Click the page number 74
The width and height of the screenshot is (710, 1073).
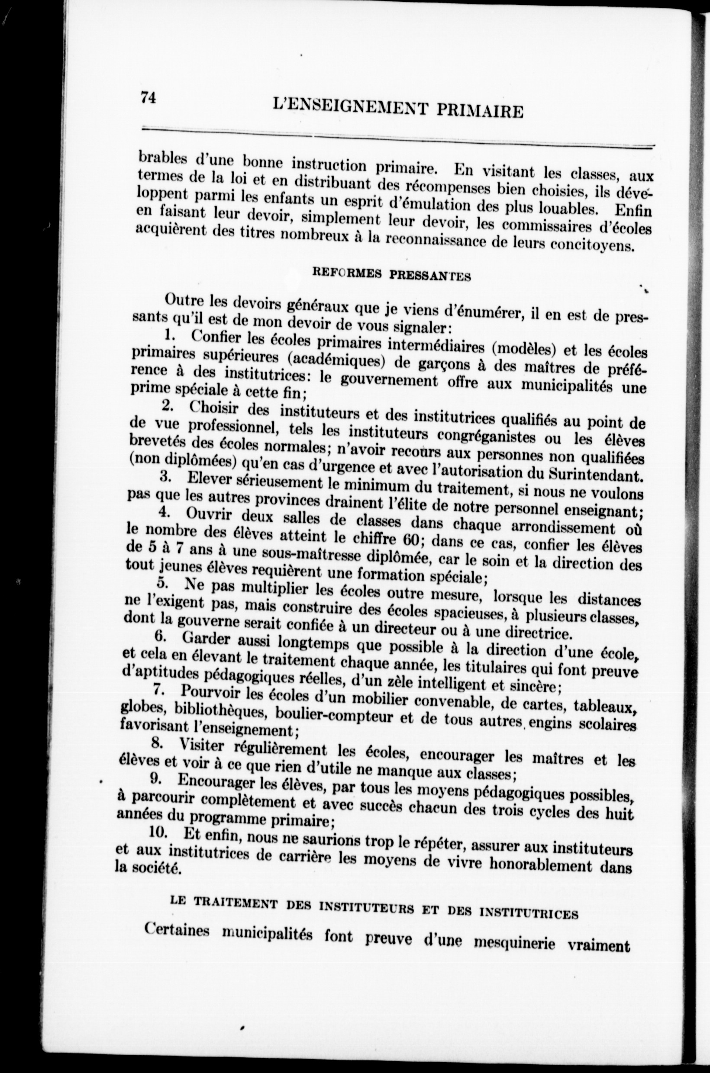click(148, 97)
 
